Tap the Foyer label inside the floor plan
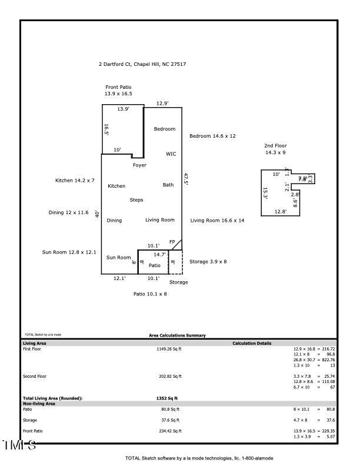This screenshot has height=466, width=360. [x=139, y=165]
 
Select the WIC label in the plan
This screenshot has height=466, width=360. [x=171, y=154]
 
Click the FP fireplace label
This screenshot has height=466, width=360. [x=172, y=242]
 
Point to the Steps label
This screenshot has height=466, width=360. [x=136, y=200]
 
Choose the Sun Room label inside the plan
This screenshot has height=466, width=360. [x=118, y=258]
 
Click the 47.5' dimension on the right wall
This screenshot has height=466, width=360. [x=186, y=179]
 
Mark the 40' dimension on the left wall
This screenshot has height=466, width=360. [x=97, y=214]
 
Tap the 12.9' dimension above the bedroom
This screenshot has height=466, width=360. [x=162, y=104]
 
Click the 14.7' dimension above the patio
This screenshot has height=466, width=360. [x=159, y=255]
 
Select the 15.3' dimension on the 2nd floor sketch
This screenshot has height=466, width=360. [x=265, y=194]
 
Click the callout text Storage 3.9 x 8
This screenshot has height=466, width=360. [x=208, y=261]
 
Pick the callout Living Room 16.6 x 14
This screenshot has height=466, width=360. [x=217, y=221]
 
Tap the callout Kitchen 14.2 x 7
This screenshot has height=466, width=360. [x=75, y=181]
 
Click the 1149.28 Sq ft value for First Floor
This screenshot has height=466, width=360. [x=169, y=349]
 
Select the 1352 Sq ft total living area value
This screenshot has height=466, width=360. [x=167, y=398]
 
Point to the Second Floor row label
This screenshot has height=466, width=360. [x=34, y=376]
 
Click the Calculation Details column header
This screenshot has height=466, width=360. [x=252, y=343]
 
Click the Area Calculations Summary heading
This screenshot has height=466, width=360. [x=177, y=335]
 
